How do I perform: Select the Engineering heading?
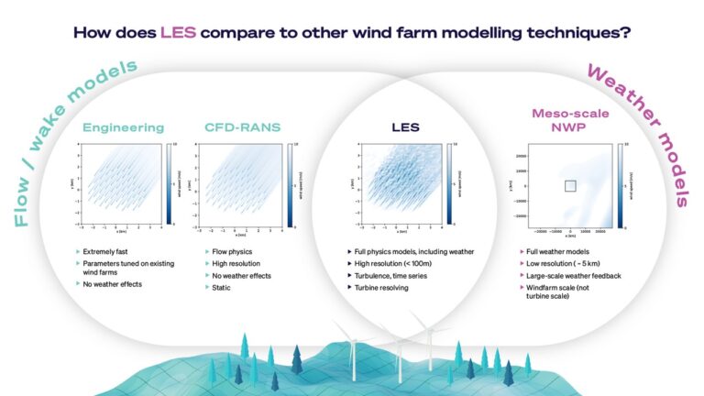point(124,127)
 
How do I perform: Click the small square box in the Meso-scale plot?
point(569,186)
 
